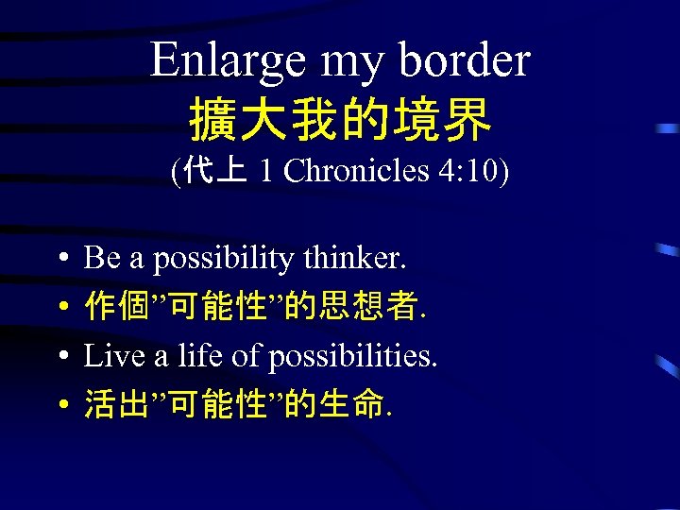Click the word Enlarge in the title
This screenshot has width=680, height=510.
[x=228, y=62]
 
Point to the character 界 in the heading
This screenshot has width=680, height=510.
[x=470, y=120]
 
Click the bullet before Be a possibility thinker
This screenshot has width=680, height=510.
[x=59, y=258]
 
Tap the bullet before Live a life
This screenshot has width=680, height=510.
[x=59, y=357]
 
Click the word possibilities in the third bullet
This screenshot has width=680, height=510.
[x=353, y=356]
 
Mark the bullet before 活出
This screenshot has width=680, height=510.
[x=59, y=405]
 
